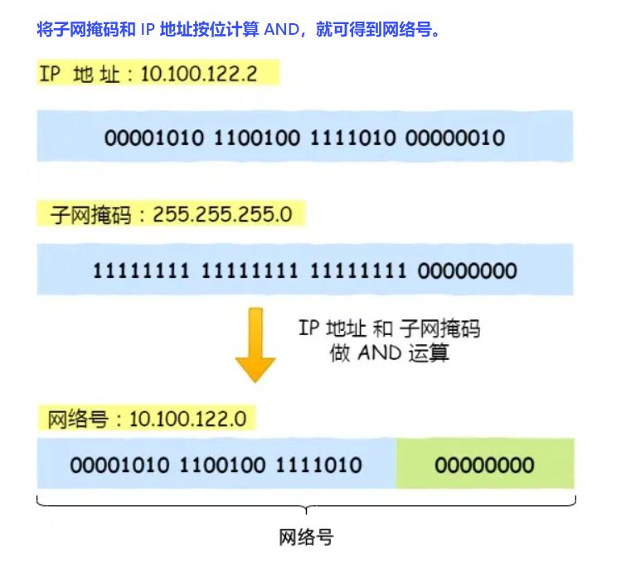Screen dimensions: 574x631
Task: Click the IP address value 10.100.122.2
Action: point(199,75)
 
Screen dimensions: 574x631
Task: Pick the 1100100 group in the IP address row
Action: point(257,137)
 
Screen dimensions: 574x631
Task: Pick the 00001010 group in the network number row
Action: point(119,465)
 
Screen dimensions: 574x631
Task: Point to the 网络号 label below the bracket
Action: point(306,538)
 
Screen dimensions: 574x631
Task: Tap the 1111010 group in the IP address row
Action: point(354,137)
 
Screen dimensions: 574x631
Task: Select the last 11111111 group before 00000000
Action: point(358,270)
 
